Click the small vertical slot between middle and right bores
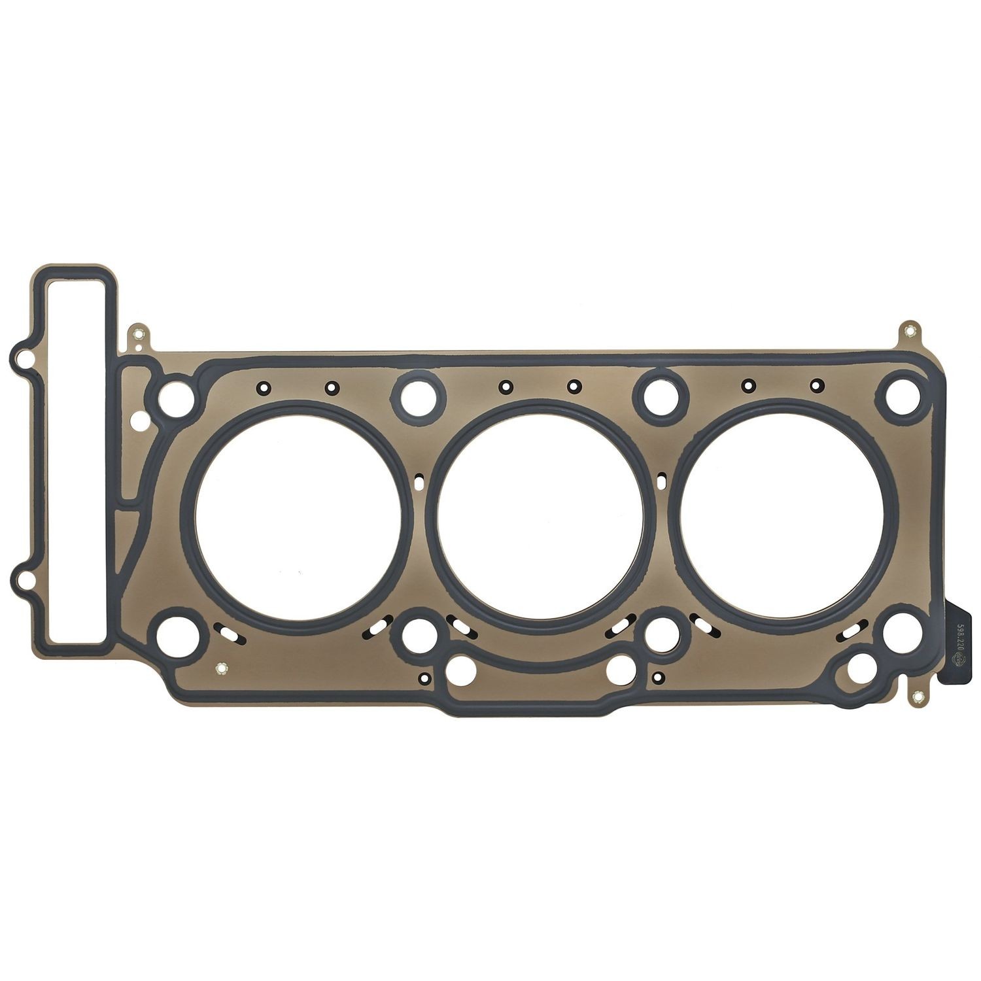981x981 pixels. (661, 481)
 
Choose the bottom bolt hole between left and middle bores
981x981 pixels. (416, 632)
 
